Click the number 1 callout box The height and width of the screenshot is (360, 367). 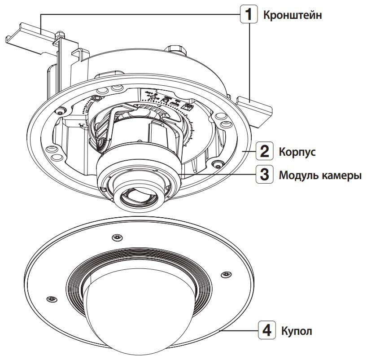tap(247, 15)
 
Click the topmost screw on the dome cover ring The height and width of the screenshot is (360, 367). tap(117, 237)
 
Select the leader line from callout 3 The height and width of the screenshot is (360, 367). tap(215, 174)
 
